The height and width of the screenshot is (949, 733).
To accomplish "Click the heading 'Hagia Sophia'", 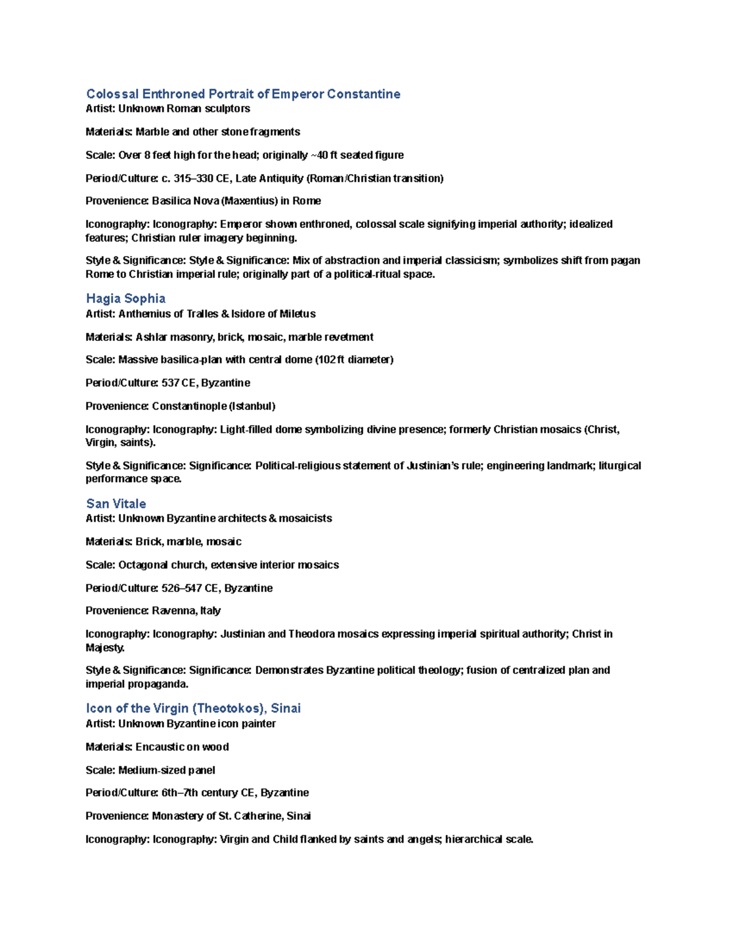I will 126,298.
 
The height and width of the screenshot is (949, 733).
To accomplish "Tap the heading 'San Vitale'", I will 116,504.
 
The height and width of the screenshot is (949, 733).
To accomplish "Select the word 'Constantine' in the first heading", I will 363,94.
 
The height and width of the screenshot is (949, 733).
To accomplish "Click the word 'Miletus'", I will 297,314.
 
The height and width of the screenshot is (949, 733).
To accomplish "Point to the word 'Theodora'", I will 312,634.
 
